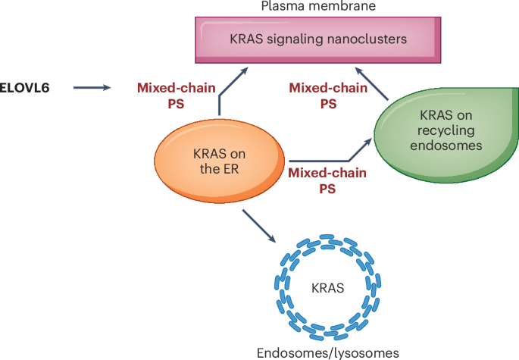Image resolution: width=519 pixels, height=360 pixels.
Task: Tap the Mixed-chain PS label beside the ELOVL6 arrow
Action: pyautogui.click(x=170, y=95)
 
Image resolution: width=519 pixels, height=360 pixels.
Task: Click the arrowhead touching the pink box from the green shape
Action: pyautogui.click(x=361, y=70)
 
